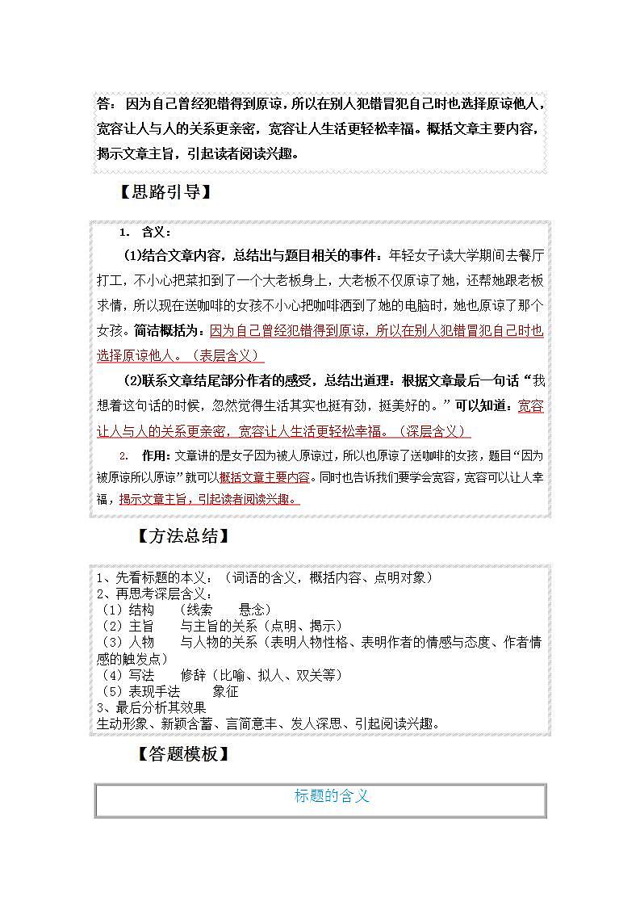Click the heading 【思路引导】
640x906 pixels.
point(165,192)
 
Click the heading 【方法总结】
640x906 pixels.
point(183,536)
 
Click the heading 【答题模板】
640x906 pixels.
point(183,754)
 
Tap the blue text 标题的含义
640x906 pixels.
point(332,796)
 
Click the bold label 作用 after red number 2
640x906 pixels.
point(152,455)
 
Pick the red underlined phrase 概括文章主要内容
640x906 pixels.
point(264,477)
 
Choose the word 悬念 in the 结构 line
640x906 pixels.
point(255,610)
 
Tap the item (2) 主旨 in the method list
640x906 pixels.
point(128,626)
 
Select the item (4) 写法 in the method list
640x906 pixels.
point(128,675)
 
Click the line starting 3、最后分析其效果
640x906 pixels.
point(151,707)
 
